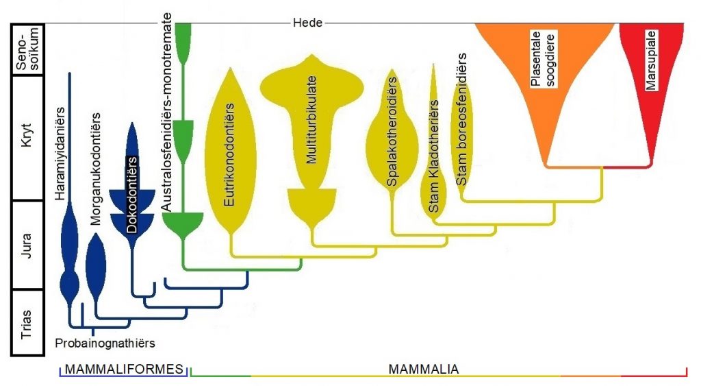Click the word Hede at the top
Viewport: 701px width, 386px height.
click(307, 23)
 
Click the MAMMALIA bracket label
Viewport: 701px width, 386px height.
click(424, 370)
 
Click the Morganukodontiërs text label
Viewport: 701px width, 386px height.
click(96, 168)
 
